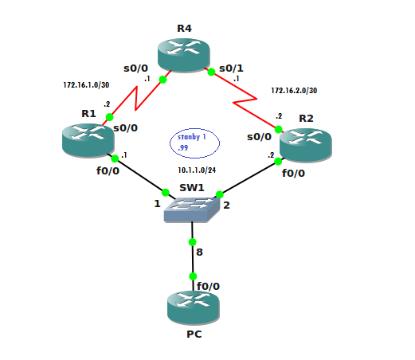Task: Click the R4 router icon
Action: [184, 55]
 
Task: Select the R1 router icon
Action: [88, 140]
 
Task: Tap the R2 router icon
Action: [306, 145]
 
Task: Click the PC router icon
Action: [194, 307]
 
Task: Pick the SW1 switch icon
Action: [192, 209]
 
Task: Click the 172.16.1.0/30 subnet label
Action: [86, 85]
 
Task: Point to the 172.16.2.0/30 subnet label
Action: [294, 91]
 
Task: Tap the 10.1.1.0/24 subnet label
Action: [197, 170]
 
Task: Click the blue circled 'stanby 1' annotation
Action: [194, 143]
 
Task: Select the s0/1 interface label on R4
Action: [231, 68]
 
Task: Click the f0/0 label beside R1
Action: [108, 171]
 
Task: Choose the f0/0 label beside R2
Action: [293, 174]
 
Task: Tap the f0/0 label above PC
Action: [208, 286]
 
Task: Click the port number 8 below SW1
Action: [199, 252]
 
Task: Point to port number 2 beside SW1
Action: [226, 205]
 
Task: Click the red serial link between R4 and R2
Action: [245, 100]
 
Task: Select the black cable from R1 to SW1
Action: [141, 176]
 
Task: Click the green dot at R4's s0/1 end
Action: [211, 72]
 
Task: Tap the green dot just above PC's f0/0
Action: [193, 276]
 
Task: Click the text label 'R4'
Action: [184, 29]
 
